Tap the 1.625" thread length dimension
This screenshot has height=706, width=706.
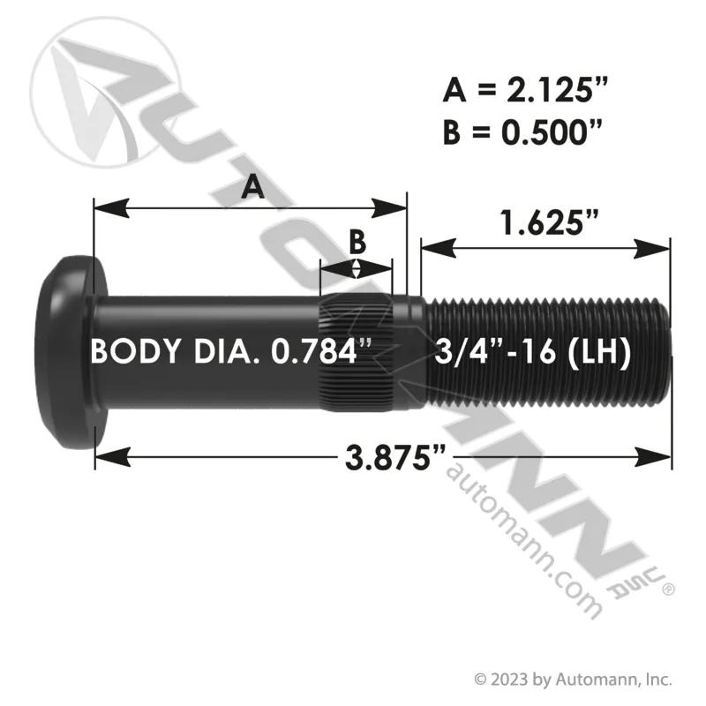tap(550, 222)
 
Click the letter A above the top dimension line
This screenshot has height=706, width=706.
tap(252, 187)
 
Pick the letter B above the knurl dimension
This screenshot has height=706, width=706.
tap(357, 242)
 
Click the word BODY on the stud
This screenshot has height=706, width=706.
tap(136, 351)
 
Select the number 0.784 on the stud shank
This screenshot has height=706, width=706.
tap(314, 351)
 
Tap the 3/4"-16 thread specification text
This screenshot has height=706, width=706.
tap(495, 351)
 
